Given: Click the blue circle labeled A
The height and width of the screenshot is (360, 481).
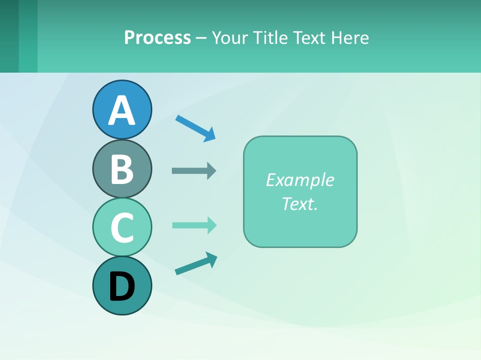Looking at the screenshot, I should click(x=122, y=109).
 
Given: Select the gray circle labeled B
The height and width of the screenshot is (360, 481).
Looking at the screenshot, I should click(x=122, y=168).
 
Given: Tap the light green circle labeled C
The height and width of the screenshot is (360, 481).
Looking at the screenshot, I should click(x=122, y=227).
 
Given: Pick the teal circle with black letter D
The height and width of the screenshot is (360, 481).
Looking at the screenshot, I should click(x=122, y=285).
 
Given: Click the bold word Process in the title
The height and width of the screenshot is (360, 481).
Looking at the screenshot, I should click(x=157, y=37).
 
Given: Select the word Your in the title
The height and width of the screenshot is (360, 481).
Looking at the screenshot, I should click(x=230, y=37).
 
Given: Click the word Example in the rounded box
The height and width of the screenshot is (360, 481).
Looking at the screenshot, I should click(x=300, y=180).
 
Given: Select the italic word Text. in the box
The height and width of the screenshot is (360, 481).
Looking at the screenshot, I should click(x=300, y=203).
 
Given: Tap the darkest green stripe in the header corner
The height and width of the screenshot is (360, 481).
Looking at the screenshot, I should click(x=9, y=36).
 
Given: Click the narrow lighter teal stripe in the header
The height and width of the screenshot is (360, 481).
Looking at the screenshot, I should click(x=28, y=36).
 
